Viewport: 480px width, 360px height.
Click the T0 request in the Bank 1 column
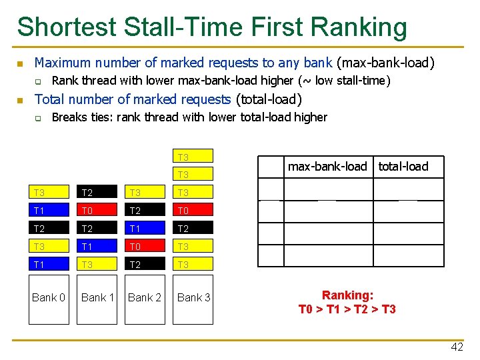(98, 211)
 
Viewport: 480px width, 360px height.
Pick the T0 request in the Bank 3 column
(194, 211)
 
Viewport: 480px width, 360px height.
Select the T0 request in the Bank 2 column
(145, 247)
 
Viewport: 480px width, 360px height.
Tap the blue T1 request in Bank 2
(145, 229)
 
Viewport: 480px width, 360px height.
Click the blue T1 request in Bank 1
(98, 247)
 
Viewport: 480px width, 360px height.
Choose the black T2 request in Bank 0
(49, 229)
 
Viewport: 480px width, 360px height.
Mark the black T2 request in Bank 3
(194, 229)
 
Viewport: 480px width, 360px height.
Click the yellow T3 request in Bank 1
(98, 265)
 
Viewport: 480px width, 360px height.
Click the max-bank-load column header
(327, 167)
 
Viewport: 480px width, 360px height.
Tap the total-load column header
(403, 167)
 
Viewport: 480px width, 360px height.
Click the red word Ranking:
(347, 295)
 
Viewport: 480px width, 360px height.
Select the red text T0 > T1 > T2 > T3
(347, 309)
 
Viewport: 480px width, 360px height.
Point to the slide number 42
(457, 347)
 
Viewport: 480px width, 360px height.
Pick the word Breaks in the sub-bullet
(69, 117)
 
